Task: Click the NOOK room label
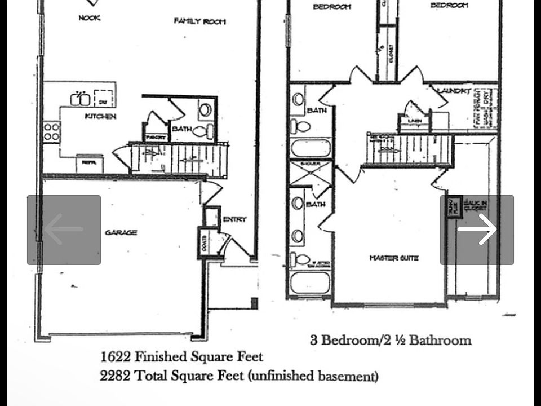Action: coord(90,18)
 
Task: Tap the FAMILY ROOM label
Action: coord(199,21)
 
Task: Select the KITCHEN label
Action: coord(100,116)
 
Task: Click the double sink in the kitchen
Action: coord(80,99)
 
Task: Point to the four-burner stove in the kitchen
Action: coord(52,131)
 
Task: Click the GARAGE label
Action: coord(121,232)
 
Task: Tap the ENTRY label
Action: coord(234,219)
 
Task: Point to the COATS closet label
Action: coord(203,243)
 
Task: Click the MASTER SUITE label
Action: coord(393,258)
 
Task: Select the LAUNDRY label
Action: coord(454,90)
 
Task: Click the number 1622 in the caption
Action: coord(116,357)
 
